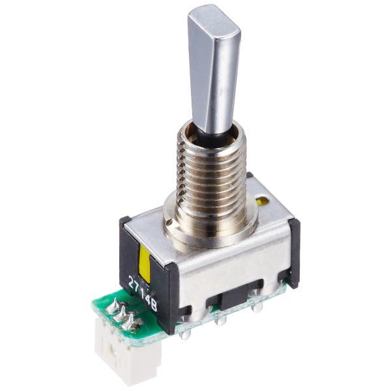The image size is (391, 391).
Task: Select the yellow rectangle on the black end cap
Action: [145, 265]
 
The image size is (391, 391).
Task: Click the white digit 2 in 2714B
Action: [131, 281]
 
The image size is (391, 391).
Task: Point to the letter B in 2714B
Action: [154, 306]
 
